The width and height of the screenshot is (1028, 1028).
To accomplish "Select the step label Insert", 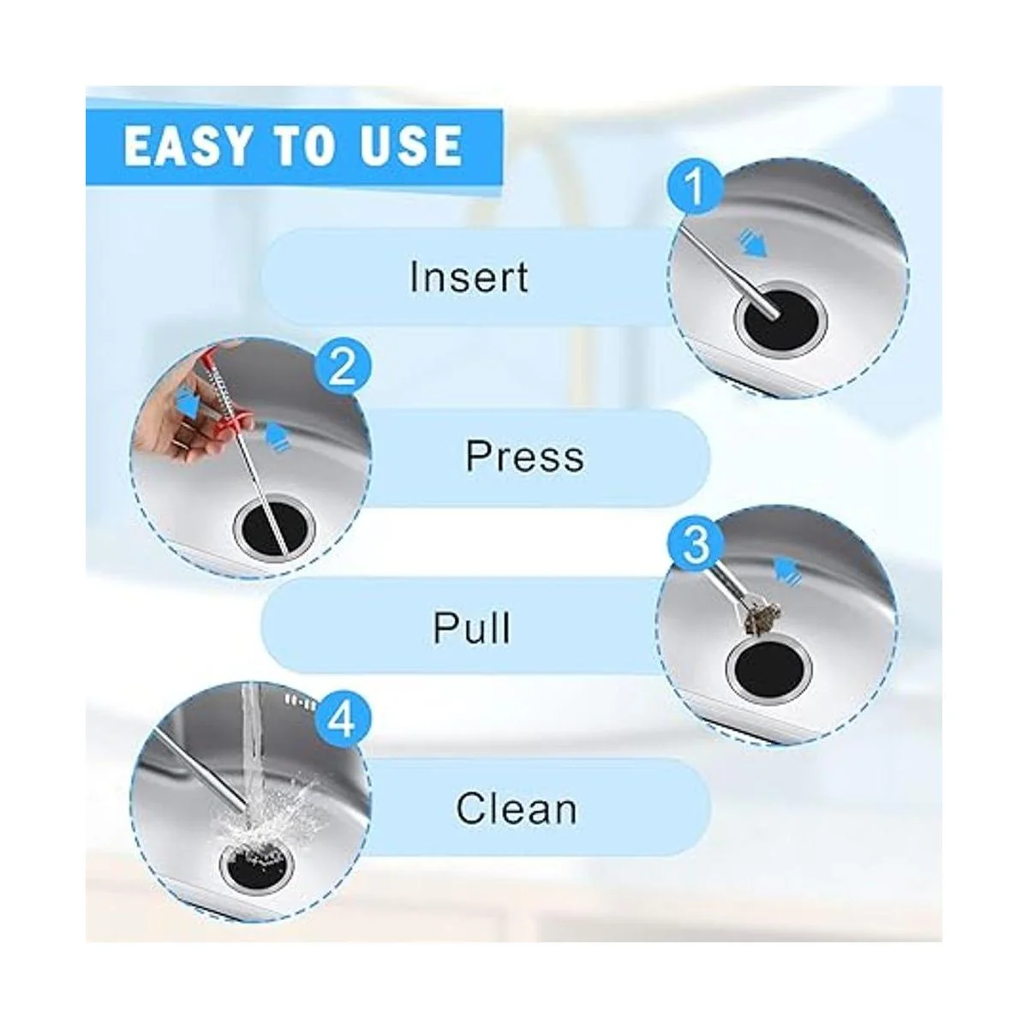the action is (469, 277).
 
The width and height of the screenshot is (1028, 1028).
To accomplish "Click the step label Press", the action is (525, 456).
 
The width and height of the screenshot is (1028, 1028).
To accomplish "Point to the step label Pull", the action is (471, 628).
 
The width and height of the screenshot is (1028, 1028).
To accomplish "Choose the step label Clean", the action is (517, 808).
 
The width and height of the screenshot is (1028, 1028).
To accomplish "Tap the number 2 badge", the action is (342, 368).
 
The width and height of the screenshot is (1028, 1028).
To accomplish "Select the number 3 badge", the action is (696, 545).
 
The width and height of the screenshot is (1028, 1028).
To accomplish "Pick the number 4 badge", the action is (342, 722).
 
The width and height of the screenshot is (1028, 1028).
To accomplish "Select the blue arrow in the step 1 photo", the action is (751, 245).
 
